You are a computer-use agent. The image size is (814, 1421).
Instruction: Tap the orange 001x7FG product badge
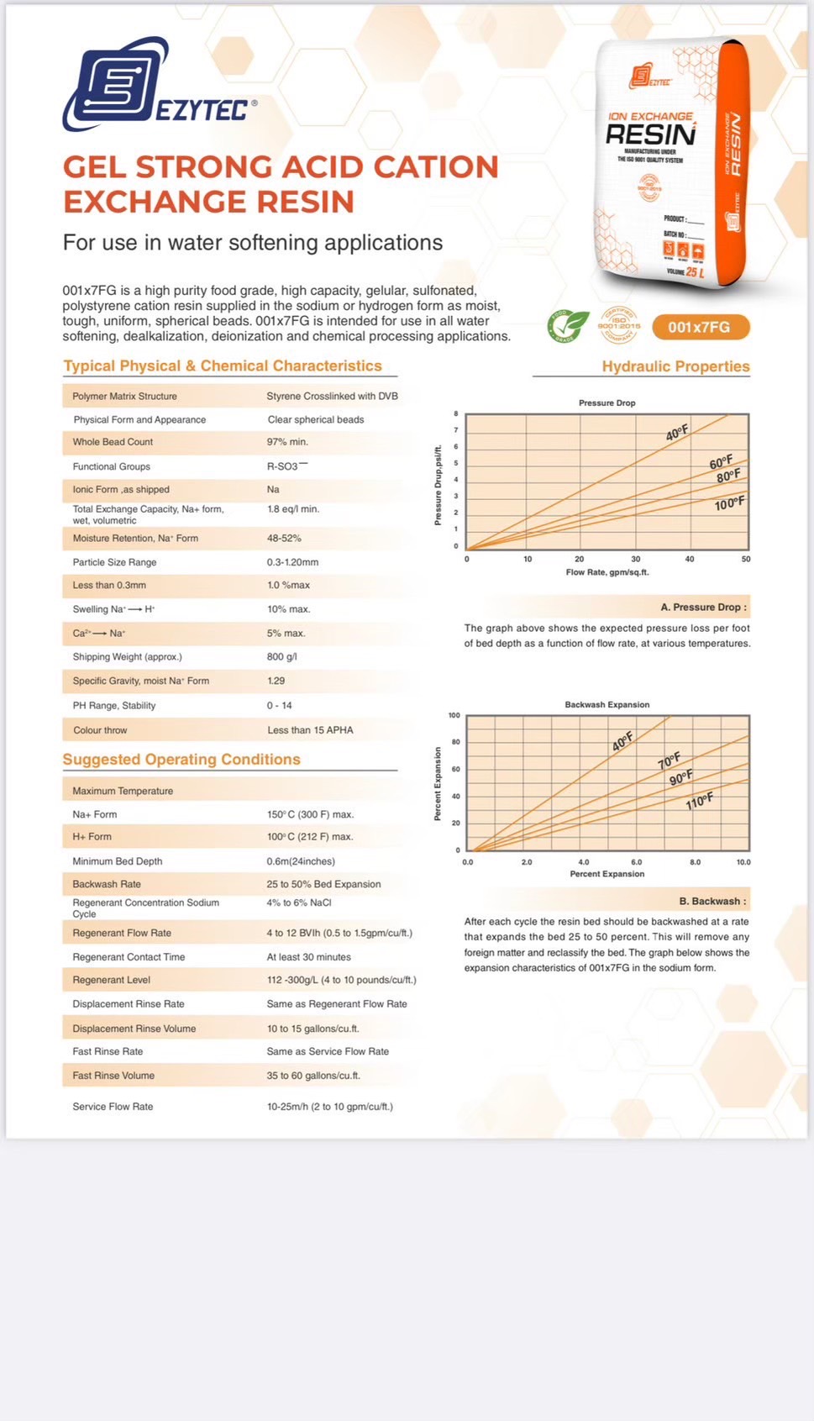point(698,327)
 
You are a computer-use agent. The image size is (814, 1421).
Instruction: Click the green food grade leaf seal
point(569,326)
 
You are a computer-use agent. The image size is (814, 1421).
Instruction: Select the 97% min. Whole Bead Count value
point(287,442)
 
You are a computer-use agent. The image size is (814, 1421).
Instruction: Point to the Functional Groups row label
point(111,466)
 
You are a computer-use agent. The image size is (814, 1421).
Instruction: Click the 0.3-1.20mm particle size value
point(292,562)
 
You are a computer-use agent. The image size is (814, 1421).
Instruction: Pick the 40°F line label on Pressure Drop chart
point(676,434)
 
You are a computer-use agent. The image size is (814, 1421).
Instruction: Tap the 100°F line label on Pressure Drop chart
point(729,504)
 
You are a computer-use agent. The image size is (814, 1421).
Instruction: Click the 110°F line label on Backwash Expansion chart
point(699,801)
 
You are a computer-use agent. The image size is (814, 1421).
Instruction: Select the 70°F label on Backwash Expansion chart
point(669,760)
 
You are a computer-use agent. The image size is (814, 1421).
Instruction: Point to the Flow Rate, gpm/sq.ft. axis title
point(607,572)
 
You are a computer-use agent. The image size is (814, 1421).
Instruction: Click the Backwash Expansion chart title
point(607,704)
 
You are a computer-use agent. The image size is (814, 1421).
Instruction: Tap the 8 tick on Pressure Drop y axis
point(456,413)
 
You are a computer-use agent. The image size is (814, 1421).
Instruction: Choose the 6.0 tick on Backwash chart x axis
point(636,862)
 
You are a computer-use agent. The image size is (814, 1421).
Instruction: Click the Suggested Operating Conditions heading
point(181,760)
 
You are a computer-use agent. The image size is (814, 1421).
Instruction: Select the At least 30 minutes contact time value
point(308,957)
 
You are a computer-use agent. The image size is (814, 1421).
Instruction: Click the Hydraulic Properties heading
point(675,366)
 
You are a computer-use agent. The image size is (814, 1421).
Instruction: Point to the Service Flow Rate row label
point(113,1107)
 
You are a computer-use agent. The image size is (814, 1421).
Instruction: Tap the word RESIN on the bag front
point(650,135)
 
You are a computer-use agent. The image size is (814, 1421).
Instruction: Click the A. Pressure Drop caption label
point(702,607)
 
